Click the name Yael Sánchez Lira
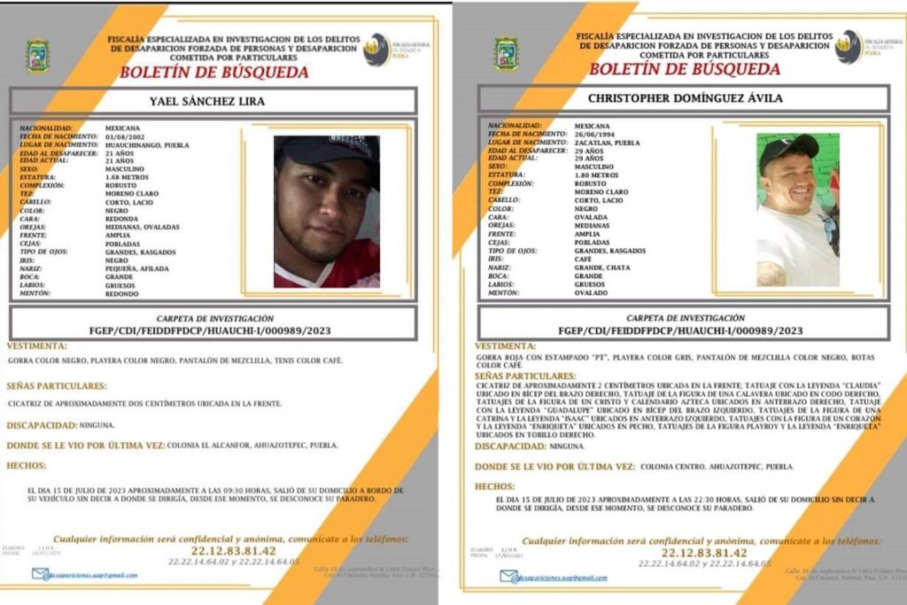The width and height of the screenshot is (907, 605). click(x=207, y=101)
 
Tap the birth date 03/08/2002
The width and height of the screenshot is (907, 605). click(x=124, y=136)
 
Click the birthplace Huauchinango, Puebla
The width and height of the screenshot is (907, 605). click(x=147, y=143)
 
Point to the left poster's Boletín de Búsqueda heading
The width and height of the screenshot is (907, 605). click(x=214, y=73)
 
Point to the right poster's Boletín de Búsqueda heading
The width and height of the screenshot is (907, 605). click(x=685, y=69)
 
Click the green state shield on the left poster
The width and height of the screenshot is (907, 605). click(x=37, y=56)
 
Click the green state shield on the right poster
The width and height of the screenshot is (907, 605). click(x=507, y=53)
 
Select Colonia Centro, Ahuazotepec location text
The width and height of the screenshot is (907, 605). click(x=717, y=466)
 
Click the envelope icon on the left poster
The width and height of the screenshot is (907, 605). click(x=41, y=574)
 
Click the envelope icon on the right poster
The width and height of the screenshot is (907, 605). click(x=508, y=577)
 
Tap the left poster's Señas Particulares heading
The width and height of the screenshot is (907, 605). click(x=57, y=386)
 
